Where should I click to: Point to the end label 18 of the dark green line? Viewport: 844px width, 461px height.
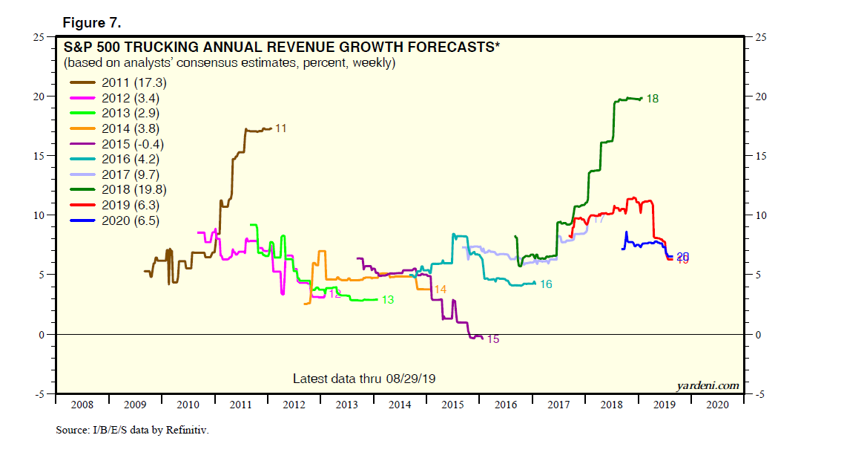click(x=653, y=98)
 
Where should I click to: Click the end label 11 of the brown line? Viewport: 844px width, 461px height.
click(x=280, y=128)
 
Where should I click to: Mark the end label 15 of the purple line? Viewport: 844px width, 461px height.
click(x=492, y=339)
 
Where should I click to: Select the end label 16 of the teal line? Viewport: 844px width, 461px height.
click(x=546, y=284)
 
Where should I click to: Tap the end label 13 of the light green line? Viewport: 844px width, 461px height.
click(x=387, y=300)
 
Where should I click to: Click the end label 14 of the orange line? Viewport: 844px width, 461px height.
click(x=440, y=289)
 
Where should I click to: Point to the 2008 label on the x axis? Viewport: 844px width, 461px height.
click(x=82, y=405)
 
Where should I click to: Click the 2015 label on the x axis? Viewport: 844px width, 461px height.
click(x=452, y=405)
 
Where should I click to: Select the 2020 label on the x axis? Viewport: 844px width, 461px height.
click(x=717, y=405)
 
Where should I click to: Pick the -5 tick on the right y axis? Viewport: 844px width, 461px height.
click(x=759, y=394)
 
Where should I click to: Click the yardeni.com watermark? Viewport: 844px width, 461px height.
click(x=708, y=385)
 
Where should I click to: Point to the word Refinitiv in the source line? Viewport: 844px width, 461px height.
click(x=185, y=430)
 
